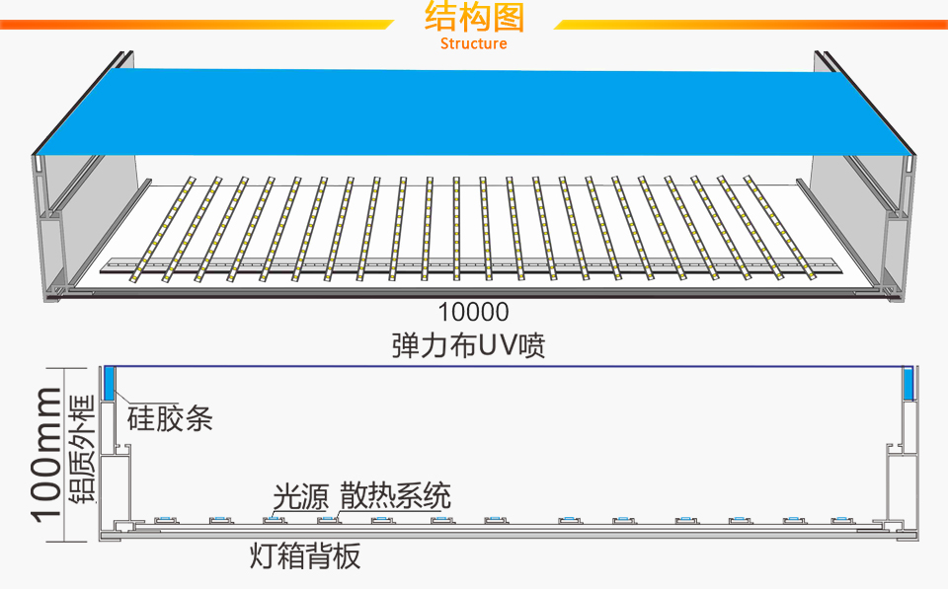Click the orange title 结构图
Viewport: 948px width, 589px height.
click(474, 18)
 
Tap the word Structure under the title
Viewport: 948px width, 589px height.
click(474, 43)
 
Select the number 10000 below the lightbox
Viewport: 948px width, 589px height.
click(474, 313)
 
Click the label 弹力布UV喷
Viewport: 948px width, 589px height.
click(468, 346)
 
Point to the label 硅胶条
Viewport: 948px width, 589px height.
click(170, 418)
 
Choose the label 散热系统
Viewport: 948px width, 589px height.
click(396, 495)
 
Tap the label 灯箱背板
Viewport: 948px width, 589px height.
click(305, 557)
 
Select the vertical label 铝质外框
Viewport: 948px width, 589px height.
click(83, 449)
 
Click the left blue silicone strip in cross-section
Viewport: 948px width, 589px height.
click(110, 383)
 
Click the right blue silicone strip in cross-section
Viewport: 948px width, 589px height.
click(909, 383)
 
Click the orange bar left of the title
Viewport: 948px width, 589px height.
click(197, 24)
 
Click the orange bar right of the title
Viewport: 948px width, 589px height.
click(750, 24)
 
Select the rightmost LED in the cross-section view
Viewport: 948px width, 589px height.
click(840, 518)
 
